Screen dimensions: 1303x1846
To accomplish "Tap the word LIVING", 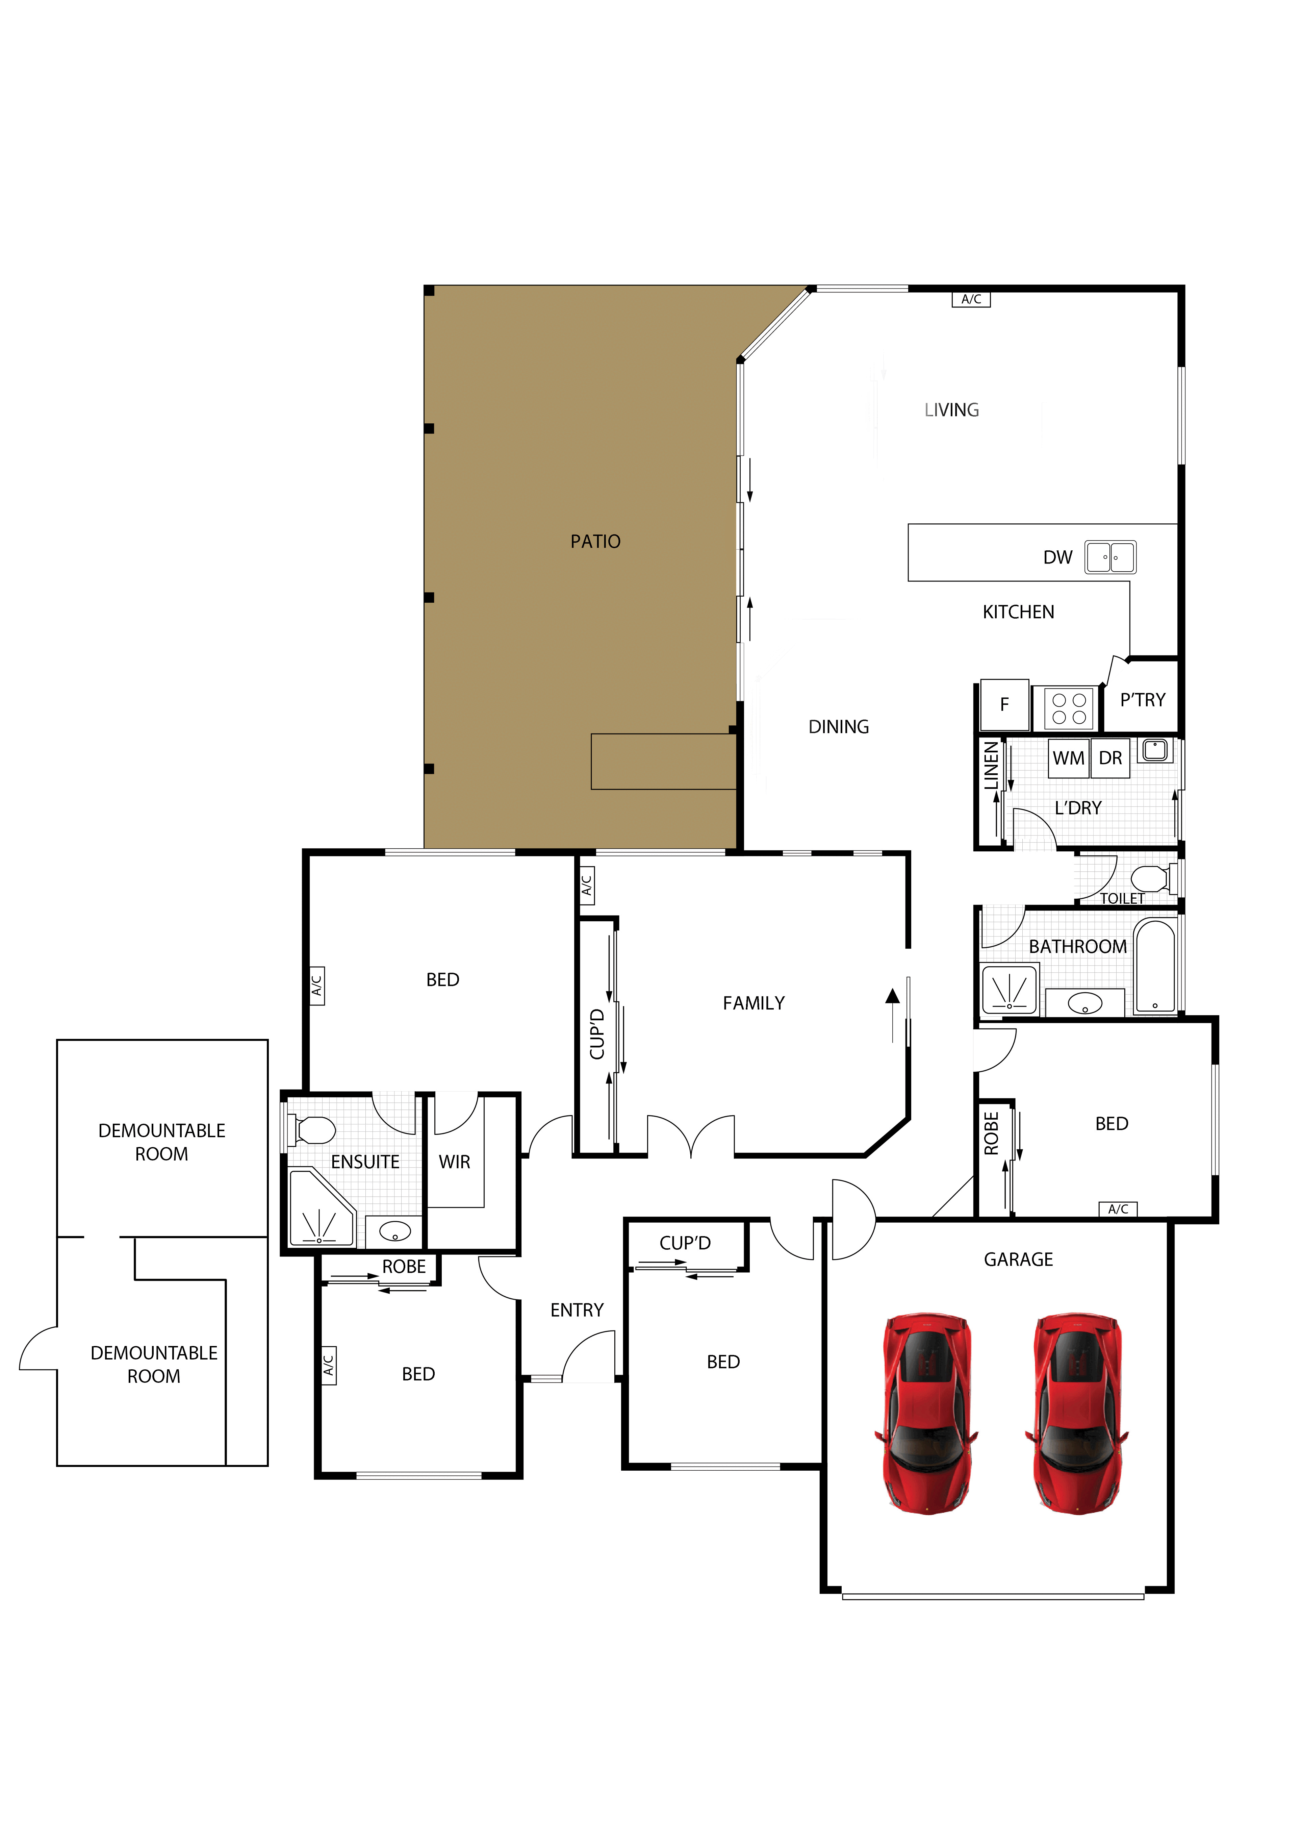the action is [952, 410].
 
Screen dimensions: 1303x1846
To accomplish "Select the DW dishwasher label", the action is [1058, 557].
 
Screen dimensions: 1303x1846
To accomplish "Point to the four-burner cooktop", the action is [1069, 708].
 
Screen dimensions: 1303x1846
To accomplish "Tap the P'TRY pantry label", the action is [1142, 700].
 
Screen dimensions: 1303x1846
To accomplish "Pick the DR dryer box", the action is [1110, 758].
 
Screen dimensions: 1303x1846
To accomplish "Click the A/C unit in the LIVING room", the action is [971, 299].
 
